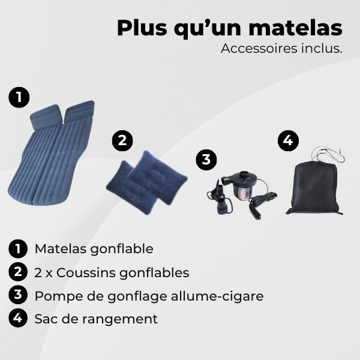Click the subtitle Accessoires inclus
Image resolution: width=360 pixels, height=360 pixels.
coord(281,49)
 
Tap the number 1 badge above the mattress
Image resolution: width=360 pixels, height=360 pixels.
coord(20,97)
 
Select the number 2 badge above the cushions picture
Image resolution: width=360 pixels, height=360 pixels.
coord(122,141)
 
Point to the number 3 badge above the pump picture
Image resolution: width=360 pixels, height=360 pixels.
coord(206,160)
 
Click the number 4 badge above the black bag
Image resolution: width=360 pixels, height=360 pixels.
coord(287,141)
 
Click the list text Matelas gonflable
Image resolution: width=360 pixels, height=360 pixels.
coord(94,248)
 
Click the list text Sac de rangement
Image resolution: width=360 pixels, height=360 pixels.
coord(96,319)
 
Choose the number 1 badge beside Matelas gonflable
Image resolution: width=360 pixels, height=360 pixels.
coord(19,248)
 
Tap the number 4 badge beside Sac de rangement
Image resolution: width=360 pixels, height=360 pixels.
coord(19,318)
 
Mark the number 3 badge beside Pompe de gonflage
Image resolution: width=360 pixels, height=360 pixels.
coord(19,295)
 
